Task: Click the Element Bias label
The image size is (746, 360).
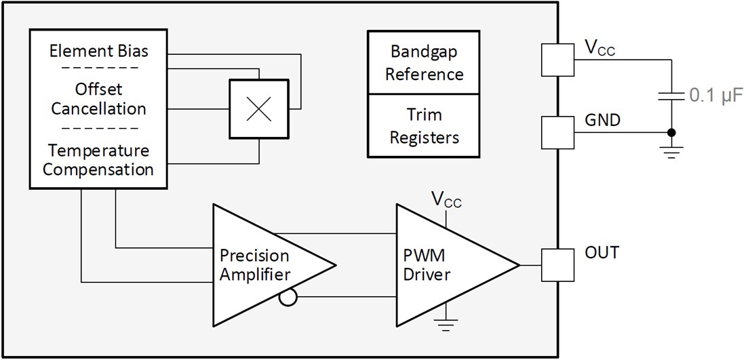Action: (x=99, y=50)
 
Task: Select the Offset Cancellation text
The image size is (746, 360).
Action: (x=99, y=99)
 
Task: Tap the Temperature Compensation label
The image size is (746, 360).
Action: (x=99, y=159)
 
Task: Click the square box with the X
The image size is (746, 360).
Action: (x=258, y=110)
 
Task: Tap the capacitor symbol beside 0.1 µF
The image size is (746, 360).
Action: (x=671, y=96)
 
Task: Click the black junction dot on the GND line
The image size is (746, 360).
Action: (x=671, y=132)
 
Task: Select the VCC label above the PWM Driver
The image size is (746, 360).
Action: (x=446, y=199)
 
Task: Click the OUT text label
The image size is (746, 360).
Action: (x=602, y=252)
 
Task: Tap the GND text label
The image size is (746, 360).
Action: (x=602, y=120)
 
